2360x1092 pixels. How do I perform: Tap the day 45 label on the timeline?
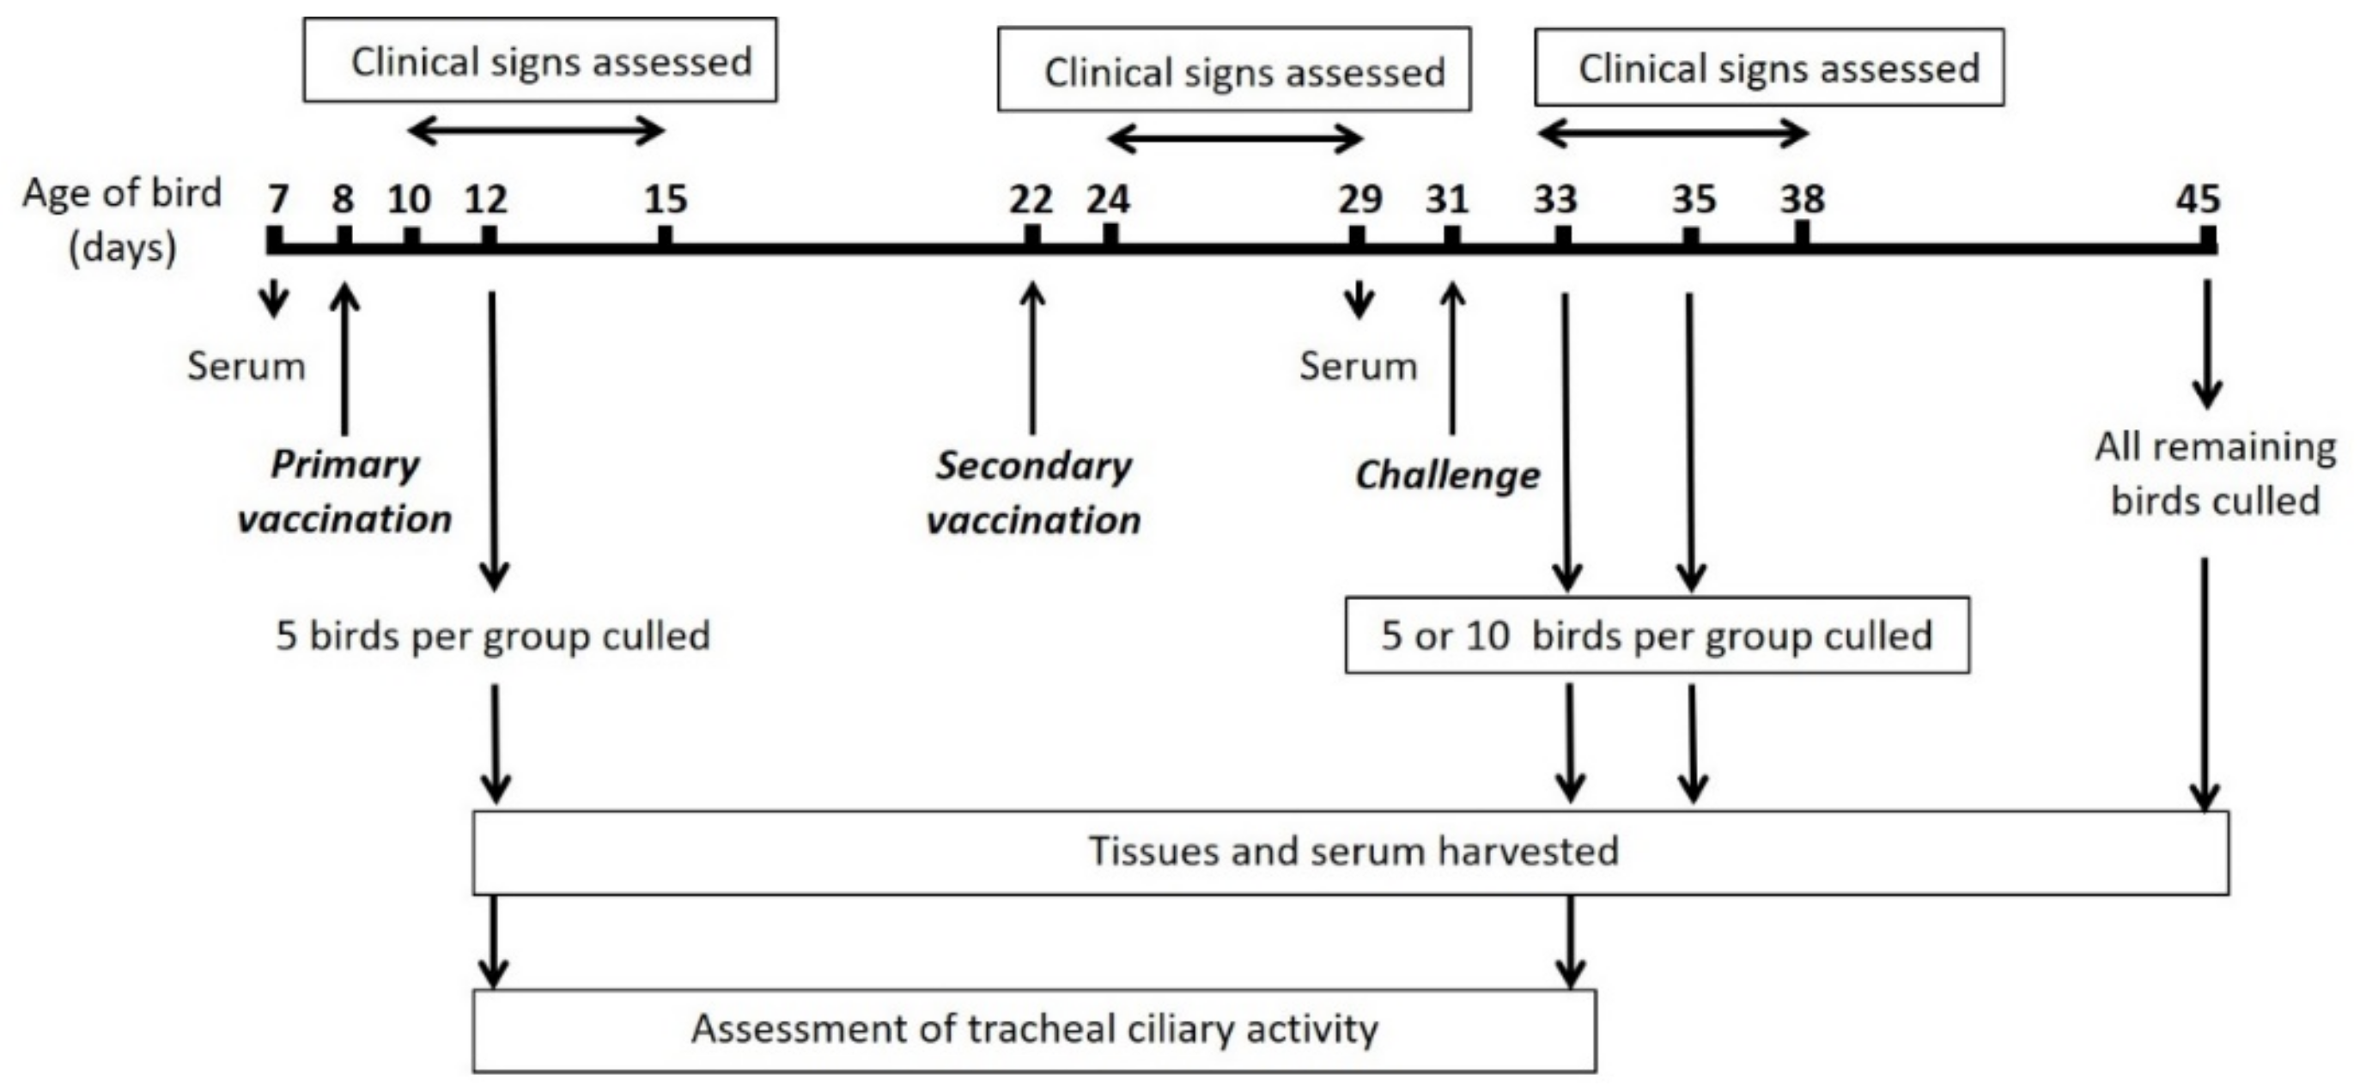[x=2199, y=199]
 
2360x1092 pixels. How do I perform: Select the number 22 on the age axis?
[x=1031, y=199]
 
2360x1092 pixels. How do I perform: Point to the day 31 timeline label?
[x=1446, y=199]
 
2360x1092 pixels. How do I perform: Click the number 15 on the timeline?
[x=665, y=199]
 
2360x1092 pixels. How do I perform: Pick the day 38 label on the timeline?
[x=1802, y=199]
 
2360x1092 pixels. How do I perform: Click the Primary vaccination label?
[x=345, y=492]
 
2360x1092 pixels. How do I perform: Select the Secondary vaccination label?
[x=1033, y=493]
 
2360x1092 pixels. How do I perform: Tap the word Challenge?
[x=1447, y=476]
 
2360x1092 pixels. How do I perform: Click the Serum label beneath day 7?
[x=246, y=367]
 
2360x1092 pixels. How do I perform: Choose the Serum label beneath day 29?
[x=1358, y=367]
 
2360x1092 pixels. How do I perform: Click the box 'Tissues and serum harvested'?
[x=1351, y=852]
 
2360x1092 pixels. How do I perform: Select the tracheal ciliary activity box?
[x=1034, y=1029]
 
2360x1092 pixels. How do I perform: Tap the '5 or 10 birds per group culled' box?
[x=1657, y=636]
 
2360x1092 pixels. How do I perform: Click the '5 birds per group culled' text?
[x=493, y=636]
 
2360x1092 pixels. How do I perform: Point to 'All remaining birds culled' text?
[x=2215, y=474]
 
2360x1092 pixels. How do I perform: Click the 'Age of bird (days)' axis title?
[x=123, y=220]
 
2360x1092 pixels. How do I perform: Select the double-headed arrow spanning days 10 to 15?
[x=536, y=132]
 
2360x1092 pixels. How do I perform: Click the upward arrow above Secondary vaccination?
[x=1032, y=357]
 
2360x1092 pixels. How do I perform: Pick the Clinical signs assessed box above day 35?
[x=1769, y=68]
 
